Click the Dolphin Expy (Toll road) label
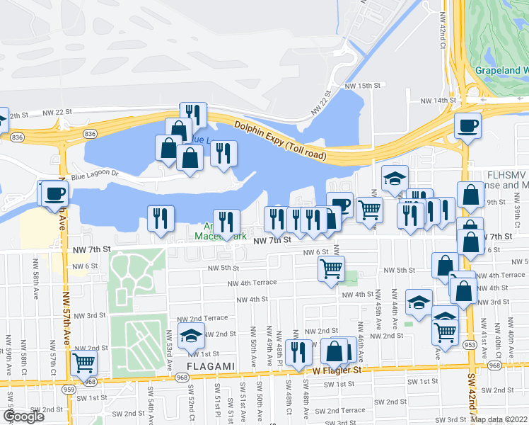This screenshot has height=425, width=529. point(279,137)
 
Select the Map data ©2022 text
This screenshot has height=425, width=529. point(499,419)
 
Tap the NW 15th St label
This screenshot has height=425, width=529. point(363,86)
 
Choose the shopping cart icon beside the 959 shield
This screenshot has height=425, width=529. point(84,363)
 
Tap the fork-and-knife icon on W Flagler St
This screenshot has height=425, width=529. point(298,351)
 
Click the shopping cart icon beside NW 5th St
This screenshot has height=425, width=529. point(331,268)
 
